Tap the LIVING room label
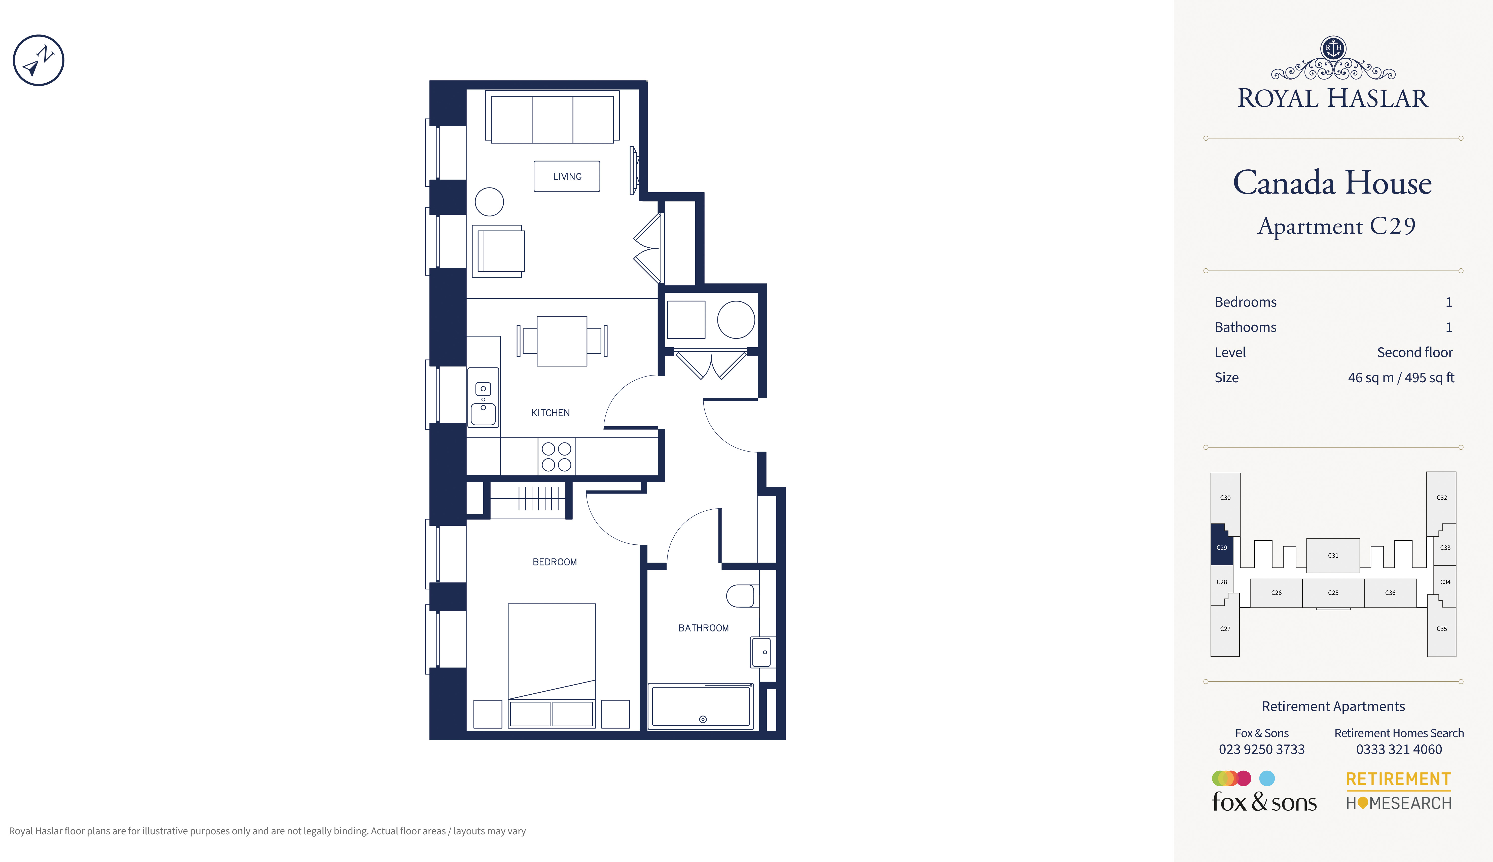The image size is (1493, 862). (567, 176)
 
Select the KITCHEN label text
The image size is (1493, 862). (551, 413)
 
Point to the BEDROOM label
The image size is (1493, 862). (555, 562)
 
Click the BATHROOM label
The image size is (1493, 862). (703, 628)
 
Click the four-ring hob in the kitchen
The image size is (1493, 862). (557, 457)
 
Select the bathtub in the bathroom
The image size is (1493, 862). (701, 706)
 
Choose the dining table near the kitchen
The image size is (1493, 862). (562, 341)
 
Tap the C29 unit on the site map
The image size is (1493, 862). (1221, 546)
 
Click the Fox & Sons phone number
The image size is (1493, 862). (1261, 749)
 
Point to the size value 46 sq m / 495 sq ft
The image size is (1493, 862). (1401, 378)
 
